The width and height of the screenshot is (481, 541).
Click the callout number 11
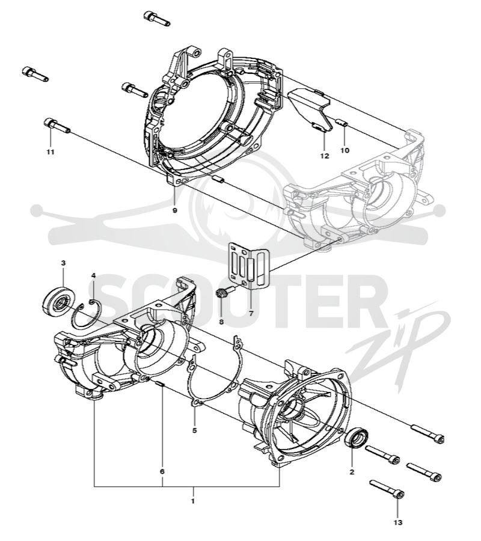[51, 152]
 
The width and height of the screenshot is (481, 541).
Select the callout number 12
[325, 156]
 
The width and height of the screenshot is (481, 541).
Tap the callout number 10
[345, 150]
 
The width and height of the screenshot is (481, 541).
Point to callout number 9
[174, 210]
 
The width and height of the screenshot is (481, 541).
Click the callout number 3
[63, 263]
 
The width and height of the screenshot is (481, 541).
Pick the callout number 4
[93, 275]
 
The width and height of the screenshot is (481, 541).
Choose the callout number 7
[251, 314]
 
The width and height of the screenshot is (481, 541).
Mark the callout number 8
[221, 322]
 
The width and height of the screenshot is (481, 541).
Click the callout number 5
[195, 430]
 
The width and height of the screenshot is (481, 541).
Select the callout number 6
[162, 471]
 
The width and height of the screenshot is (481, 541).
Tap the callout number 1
[193, 501]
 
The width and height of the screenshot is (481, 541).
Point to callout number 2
[352, 472]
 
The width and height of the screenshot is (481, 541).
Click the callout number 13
[398, 523]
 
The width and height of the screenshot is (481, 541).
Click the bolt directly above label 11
[57, 126]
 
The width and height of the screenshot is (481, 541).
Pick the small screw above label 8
[224, 292]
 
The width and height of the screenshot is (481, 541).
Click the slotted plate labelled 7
[249, 264]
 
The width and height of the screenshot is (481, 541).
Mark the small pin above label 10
[342, 122]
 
